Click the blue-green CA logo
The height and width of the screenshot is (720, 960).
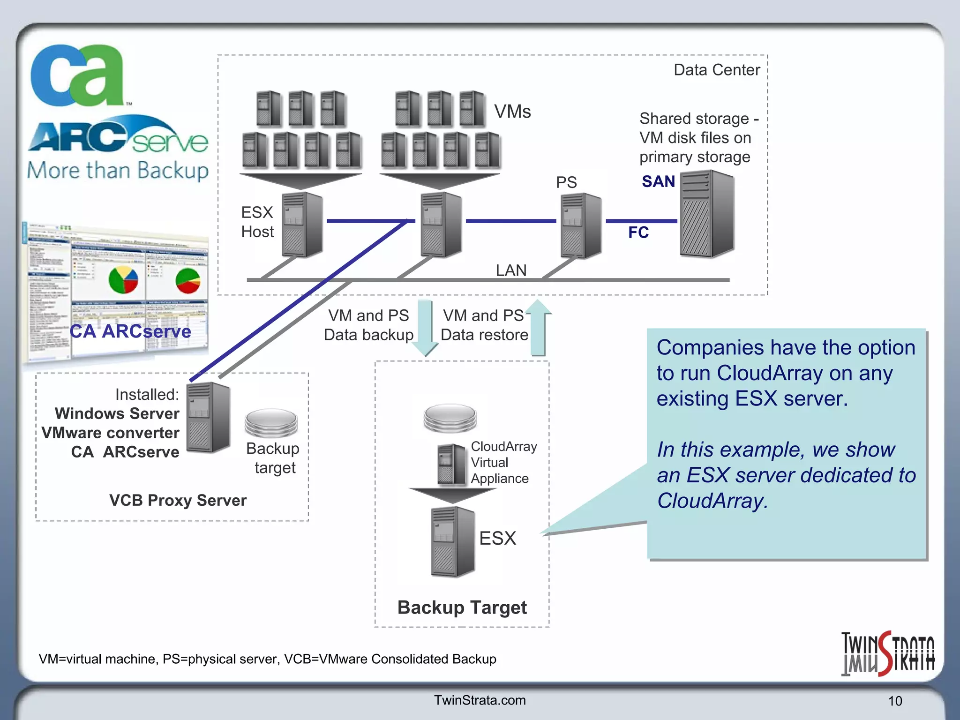point(77,75)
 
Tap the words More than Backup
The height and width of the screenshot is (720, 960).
point(117,171)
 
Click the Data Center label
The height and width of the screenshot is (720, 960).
point(716,70)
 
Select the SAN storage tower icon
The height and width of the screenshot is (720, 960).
point(706,214)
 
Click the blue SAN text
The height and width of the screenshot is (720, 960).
point(658,181)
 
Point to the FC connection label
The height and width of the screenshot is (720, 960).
point(638,232)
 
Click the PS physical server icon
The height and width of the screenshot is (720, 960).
point(580,225)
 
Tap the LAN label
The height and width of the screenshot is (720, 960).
point(511,270)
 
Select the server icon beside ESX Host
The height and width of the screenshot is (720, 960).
point(302,225)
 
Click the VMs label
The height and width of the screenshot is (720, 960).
point(512,112)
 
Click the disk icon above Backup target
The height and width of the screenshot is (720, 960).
point(271,422)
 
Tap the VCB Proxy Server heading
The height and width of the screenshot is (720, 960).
point(178,500)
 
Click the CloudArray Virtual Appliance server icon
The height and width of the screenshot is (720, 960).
point(452,465)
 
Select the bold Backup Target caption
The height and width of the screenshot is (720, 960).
point(462,607)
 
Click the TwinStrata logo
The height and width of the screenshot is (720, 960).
point(887,653)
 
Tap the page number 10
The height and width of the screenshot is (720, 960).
point(894,701)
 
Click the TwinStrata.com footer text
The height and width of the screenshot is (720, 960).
point(480,700)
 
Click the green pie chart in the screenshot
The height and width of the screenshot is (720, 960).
point(187,280)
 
